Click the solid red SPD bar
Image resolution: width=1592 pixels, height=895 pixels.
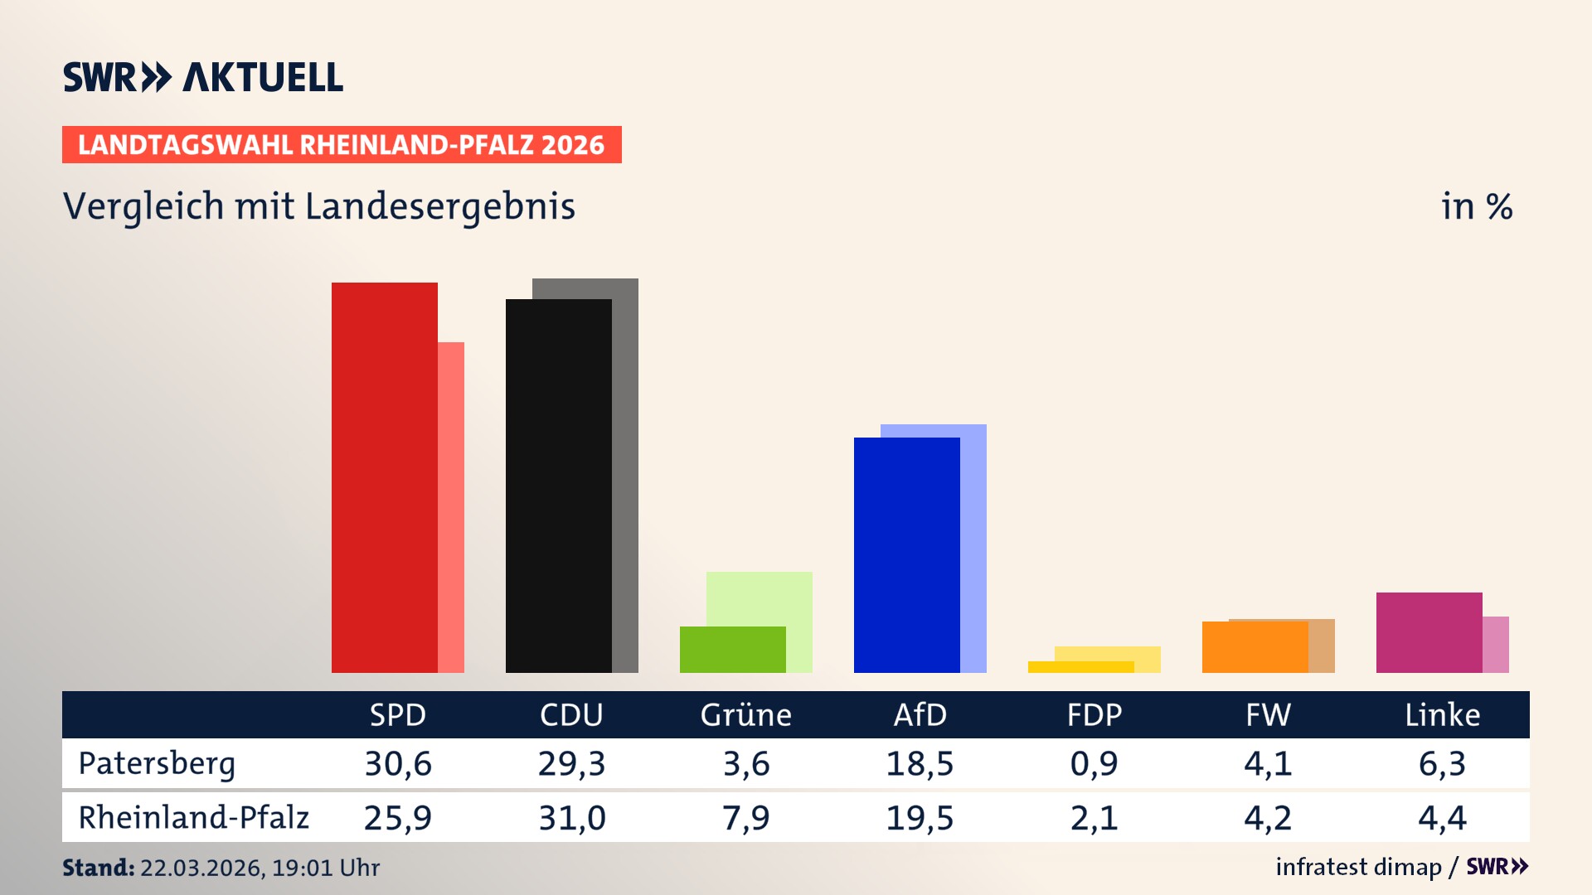[x=384, y=477]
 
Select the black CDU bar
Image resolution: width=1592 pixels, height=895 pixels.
[x=558, y=486]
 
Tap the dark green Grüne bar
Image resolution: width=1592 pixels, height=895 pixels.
[x=732, y=650]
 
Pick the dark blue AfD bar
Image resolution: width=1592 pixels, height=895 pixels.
[x=906, y=555]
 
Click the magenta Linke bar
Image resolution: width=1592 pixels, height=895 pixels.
[x=1429, y=632]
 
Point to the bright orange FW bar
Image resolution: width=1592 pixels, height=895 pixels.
[x=1255, y=647]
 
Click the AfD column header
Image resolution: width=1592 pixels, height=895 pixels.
[x=920, y=714]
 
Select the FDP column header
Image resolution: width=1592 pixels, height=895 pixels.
[x=1094, y=714]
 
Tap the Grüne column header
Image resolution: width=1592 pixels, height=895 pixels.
[x=745, y=714]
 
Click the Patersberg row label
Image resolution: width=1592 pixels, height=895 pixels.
[x=157, y=763]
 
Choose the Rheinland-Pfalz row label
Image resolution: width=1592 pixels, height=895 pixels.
[x=193, y=817]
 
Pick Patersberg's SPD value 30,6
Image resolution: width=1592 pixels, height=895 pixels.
[x=398, y=763]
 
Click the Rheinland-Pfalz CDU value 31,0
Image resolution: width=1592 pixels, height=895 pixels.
[x=572, y=818]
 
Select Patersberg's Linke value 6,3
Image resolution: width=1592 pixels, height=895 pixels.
[x=1442, y=763]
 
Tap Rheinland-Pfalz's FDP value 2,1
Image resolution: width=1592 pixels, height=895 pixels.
[x=1094, y=818]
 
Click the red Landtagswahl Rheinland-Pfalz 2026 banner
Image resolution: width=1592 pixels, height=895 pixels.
[x=342, y=145]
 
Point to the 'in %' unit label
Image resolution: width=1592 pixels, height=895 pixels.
[x=1476, y=206]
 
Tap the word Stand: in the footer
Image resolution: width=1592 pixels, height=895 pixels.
[x=98, y=868]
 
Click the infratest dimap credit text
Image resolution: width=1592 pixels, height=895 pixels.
[x=1358, y=867]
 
